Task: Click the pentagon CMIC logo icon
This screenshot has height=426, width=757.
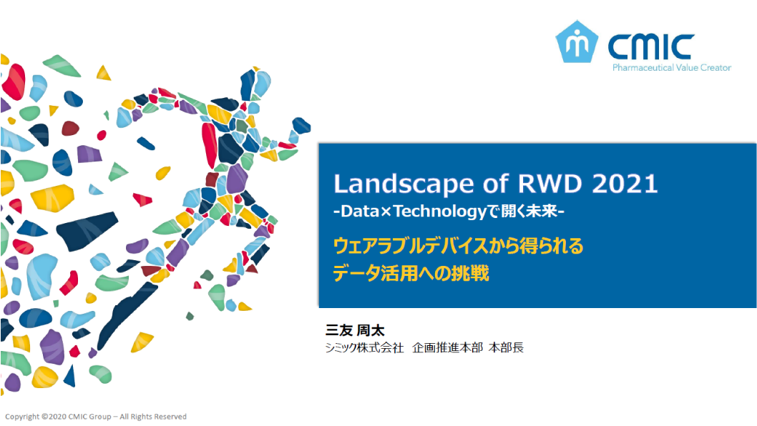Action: click(x=577, y=41)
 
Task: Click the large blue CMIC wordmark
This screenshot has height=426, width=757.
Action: click(x=651, y=46)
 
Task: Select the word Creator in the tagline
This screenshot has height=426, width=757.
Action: click(x=716, y=68)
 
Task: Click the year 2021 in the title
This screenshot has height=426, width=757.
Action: click(x=625, y=184)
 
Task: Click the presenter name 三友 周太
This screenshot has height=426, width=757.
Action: click(x=355, y=330)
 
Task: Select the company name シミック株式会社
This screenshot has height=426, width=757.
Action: click(x=364, y=348)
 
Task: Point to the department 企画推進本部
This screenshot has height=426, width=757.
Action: click(x=447, y=348)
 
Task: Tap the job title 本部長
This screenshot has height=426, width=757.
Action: click(x=506, y=348)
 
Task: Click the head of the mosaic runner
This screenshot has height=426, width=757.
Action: click(x=255, y=85)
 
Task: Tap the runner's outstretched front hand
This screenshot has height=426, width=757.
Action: click(x=301, y=126)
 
